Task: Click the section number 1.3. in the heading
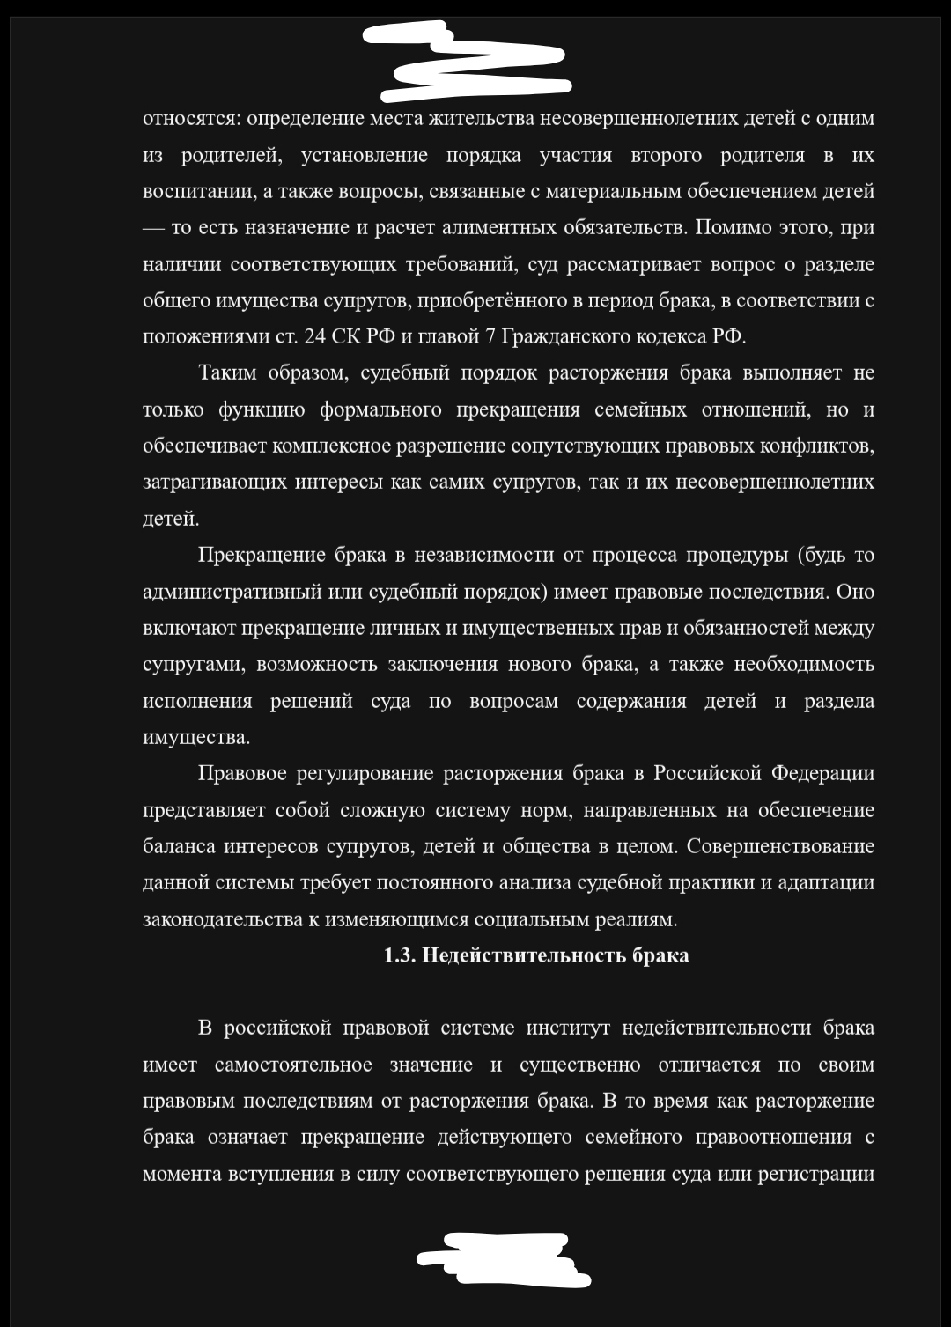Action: point(401,955)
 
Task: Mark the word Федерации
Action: point(822,773)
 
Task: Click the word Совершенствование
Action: point(780,846)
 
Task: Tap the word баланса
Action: point(179,846)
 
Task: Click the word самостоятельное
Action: point(293,1065)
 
